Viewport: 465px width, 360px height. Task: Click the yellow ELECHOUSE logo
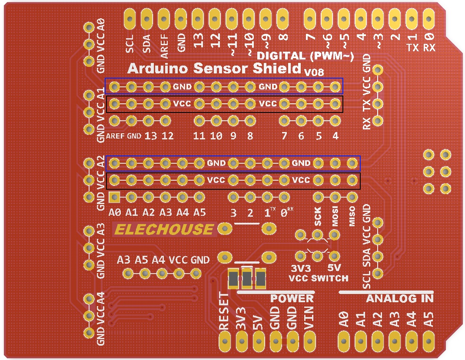tap(165, 229)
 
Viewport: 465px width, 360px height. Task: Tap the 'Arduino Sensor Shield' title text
tap(214, 69)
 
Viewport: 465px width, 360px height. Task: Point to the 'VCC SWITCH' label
tap(319, 278)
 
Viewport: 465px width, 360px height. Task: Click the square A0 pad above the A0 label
tap(114, 198)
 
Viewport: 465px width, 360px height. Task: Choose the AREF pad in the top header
tap(164, 19)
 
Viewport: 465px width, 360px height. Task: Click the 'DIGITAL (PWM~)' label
tap(306, 56)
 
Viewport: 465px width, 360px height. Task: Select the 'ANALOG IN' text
tap(399, 298)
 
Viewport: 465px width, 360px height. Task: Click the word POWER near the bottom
tap(292, 298)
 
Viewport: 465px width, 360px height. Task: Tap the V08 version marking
tap(314, 73)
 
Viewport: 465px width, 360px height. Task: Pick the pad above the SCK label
tap(318, 198)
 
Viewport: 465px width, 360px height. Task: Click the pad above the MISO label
tap(352, 198)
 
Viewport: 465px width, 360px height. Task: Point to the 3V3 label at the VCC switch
tap(301, 268)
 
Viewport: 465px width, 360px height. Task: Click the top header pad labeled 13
tap(198, 19)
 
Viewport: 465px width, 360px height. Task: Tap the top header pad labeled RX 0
tap(429, 19)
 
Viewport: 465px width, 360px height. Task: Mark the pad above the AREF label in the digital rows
tap(114, 120)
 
